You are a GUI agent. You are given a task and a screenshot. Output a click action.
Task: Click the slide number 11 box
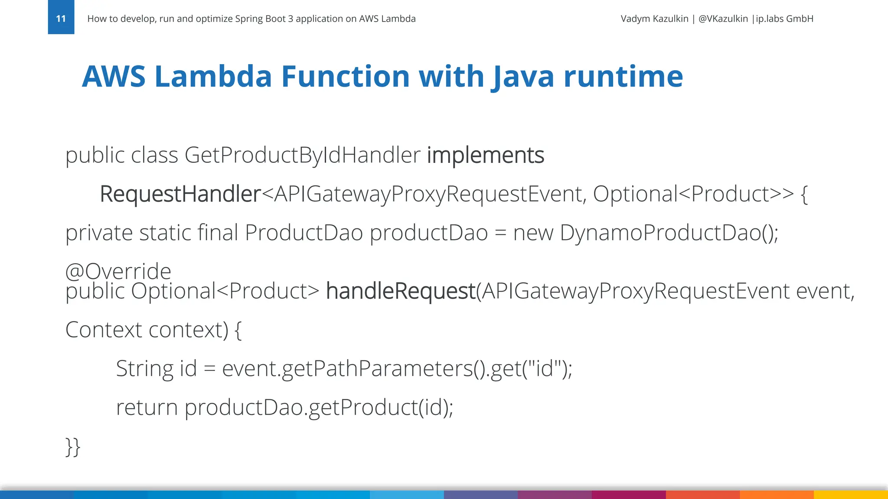[x=61, y=17]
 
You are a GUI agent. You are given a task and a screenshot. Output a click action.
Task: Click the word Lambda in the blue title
[x=213, y=77]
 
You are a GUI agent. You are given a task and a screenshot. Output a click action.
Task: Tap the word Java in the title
[x=523, y=77]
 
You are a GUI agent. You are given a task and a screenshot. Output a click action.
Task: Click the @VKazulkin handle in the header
[x=723, y=19]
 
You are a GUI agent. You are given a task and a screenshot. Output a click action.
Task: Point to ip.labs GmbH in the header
[x=784, y=19]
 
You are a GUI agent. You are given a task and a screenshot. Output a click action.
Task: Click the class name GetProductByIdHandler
[x=302, y=155]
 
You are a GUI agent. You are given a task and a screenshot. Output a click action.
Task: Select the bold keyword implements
[x=485, y=155]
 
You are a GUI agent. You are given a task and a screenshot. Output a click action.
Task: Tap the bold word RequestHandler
[x=180, y=194]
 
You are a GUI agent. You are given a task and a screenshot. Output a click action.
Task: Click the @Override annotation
[x=118, y=271]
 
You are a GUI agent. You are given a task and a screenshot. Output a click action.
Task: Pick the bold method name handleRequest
[x=401, y=291]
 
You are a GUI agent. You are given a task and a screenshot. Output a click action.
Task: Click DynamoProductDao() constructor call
[x=668, y=233]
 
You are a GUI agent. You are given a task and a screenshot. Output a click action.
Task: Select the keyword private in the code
[x=99, y=233]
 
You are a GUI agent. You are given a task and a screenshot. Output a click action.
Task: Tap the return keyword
[x=147, y=408]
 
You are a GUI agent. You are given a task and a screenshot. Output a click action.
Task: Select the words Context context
[x=146, y=330]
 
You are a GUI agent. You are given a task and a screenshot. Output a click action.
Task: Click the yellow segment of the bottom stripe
[x=850, y=495]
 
